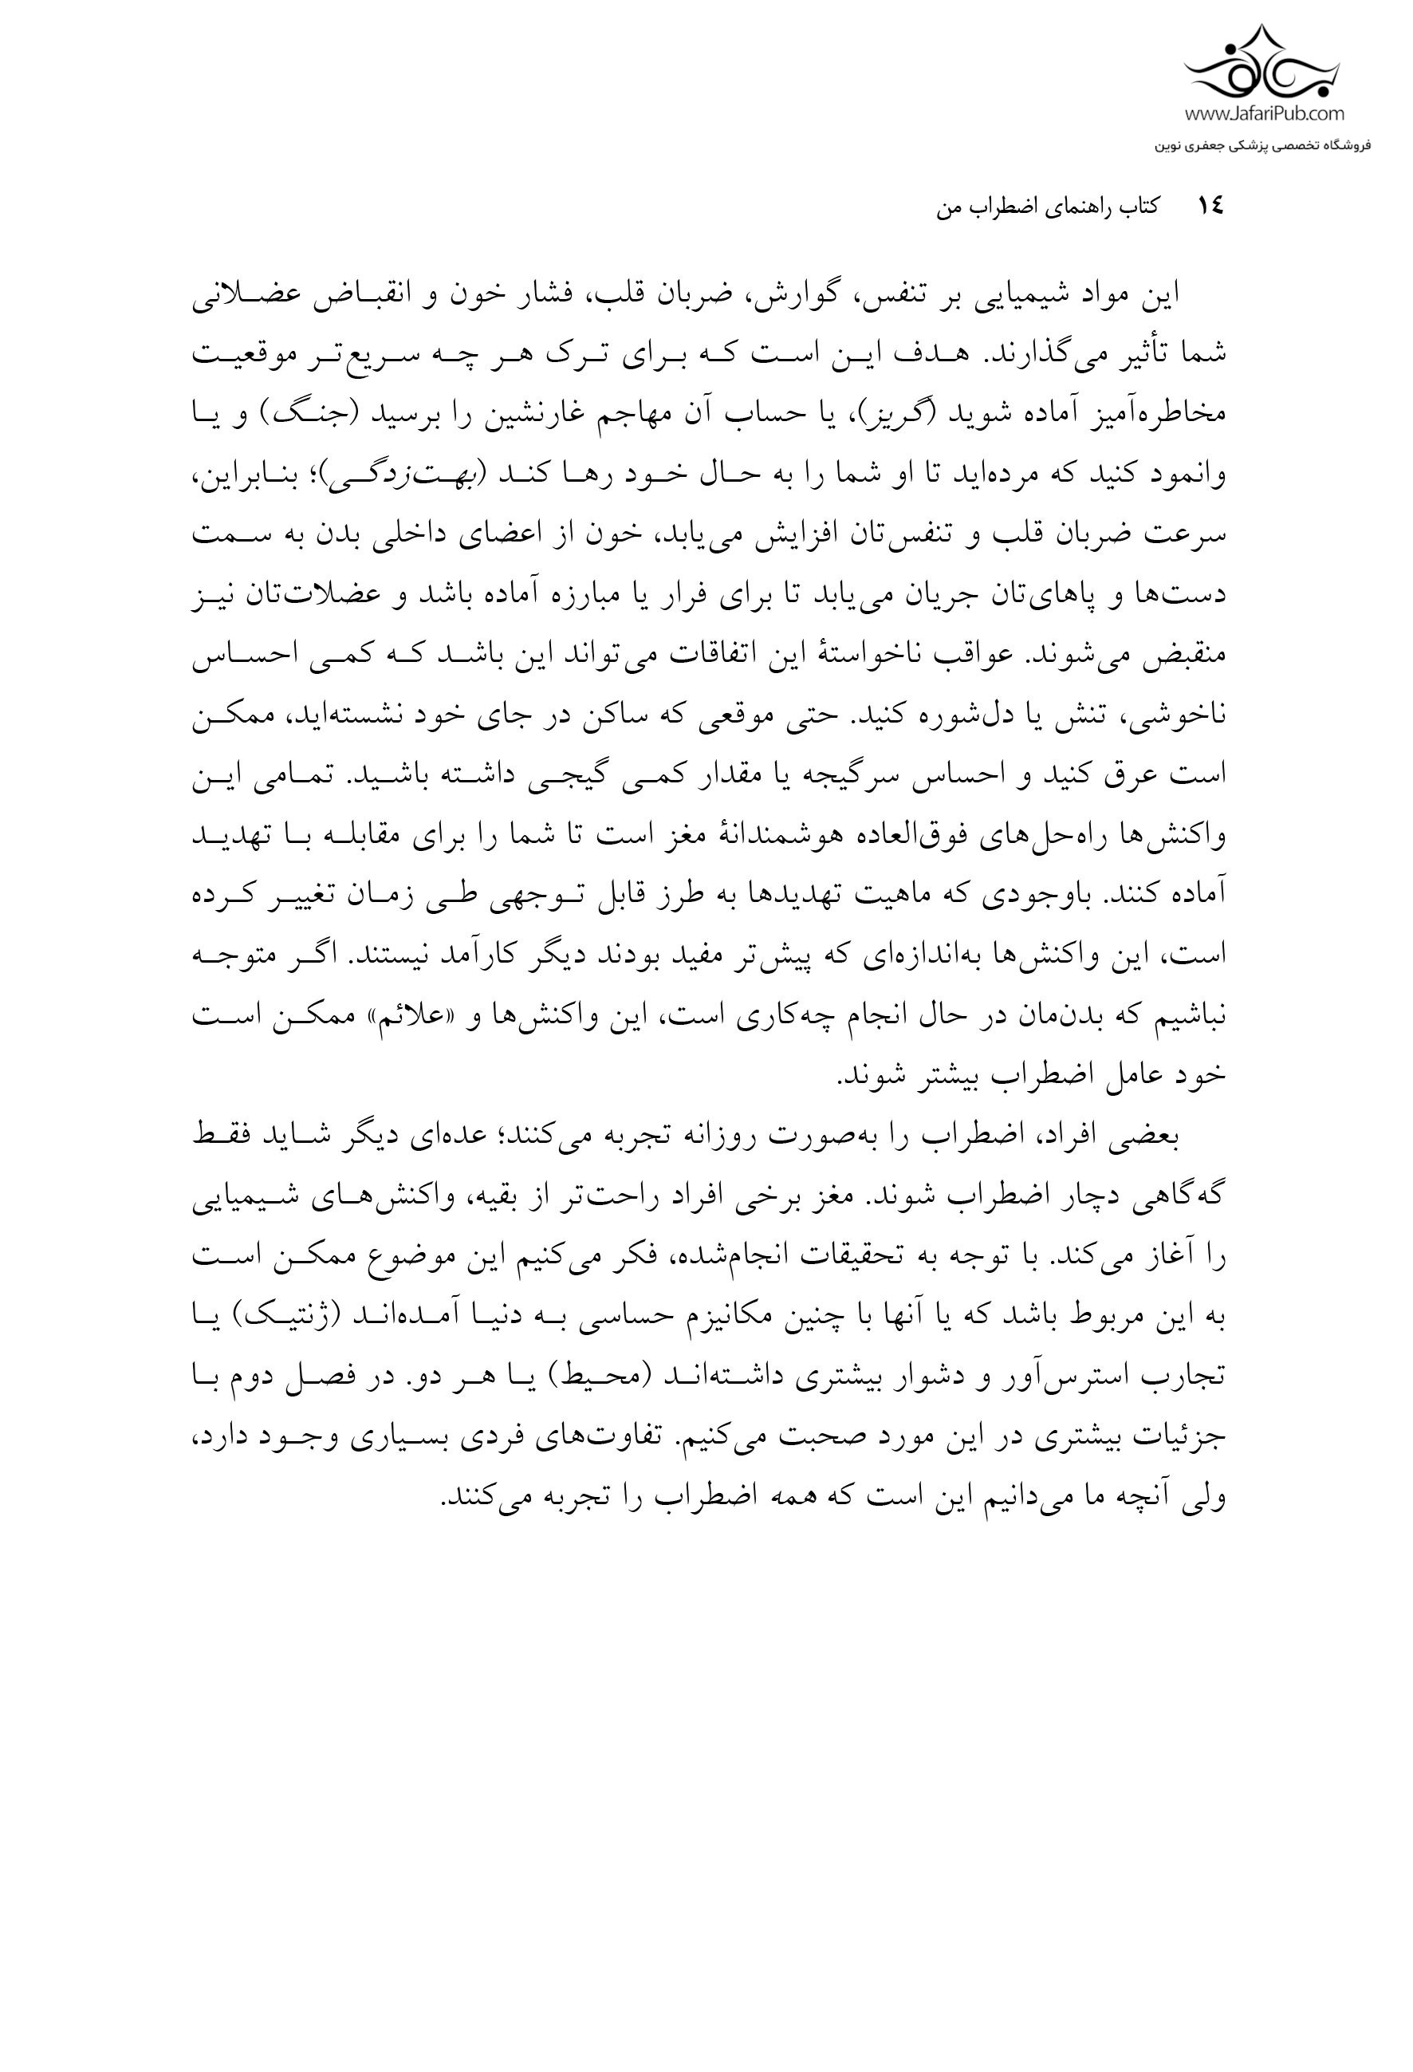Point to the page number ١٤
pyautogui.click(x=1210, y=207)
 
